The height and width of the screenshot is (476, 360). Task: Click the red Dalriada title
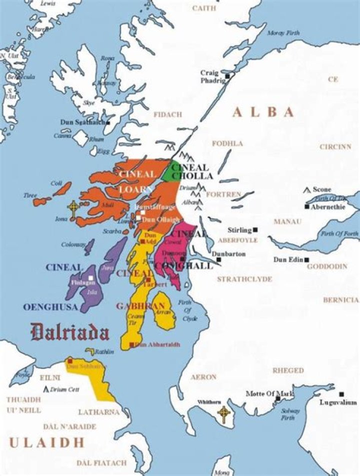[x=69, y=332]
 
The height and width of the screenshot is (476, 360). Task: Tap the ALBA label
[x=263, y=113]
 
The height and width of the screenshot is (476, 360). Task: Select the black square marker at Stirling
[x=255, y=230]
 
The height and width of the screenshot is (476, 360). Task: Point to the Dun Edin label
[x=288, y=260]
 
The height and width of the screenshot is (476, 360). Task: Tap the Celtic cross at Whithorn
[x=223, y=413]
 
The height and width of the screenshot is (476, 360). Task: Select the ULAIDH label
[x=46, y=442]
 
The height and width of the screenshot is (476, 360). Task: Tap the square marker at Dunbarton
[x=218, y=260]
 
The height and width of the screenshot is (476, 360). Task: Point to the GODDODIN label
[x=327, y=267]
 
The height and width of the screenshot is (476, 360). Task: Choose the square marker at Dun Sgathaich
[x=107, y=122]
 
